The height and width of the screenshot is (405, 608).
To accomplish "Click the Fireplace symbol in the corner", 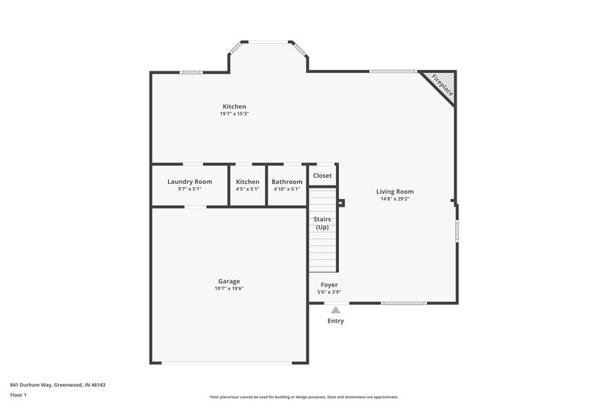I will [x=441, y=85].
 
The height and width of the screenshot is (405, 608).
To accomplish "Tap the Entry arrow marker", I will [x=335, y=309].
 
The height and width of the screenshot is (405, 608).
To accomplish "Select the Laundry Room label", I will [x=189, y=182].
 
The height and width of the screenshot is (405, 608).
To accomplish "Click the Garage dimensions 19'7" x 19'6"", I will [x=229, y=288].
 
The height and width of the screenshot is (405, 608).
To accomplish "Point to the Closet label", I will [x=322, y=176].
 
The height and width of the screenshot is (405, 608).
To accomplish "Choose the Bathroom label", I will [x=287, y=182].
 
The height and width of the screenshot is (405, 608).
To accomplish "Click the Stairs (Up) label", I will [x=322, y=223].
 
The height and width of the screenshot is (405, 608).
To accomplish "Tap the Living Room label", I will [x=394, y=191].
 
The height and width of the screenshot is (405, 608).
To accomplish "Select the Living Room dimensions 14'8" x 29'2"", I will [x=394, y=199].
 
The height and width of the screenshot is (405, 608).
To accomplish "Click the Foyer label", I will [x=328, y=284].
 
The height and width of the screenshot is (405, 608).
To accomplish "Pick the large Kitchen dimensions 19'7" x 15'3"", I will [x=234, y=114].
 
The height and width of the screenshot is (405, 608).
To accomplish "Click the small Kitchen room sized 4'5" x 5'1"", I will [x=247, y=185].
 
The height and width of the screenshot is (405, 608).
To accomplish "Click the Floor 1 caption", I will [x=19, y=396].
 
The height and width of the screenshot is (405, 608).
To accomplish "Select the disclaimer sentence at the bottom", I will [x=303, y=397].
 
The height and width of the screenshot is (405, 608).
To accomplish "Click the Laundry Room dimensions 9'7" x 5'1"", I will [x=189, y=189].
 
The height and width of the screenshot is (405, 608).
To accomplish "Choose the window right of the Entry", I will [x=403, y=303].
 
